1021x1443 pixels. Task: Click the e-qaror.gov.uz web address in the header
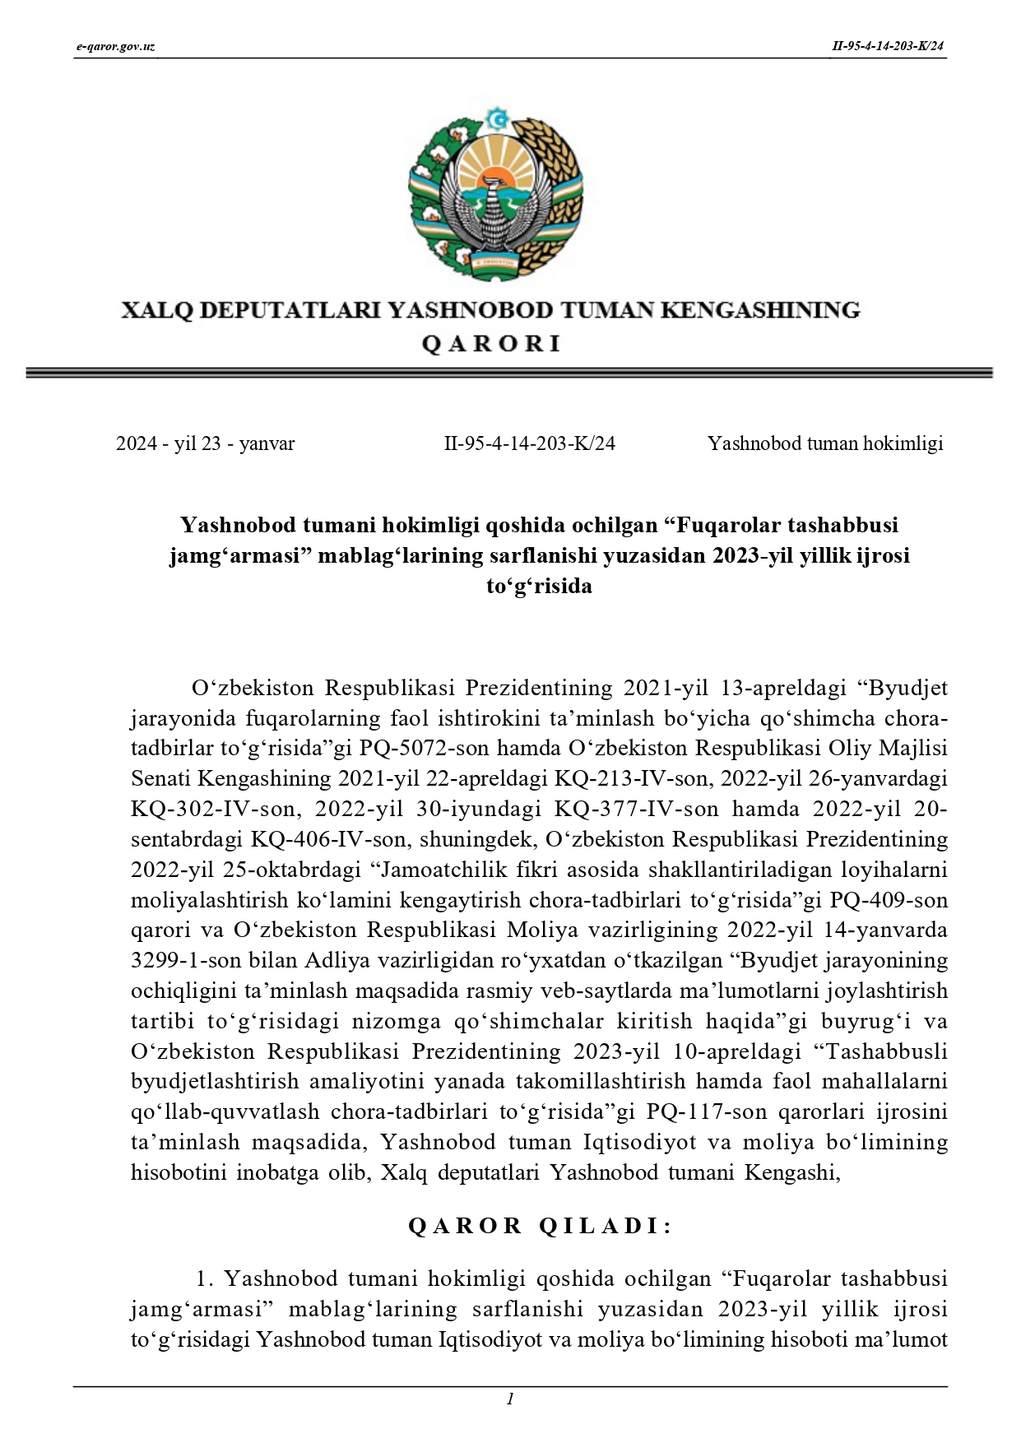[x=115, y=46]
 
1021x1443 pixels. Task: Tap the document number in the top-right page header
[x=888, y=46]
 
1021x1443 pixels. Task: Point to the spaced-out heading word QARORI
[x=490, y=344]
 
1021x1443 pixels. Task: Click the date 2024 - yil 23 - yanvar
[x=205, y=444]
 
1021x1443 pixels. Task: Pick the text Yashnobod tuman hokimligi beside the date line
[x=825, y=444]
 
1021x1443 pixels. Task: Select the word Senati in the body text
[x=160, y=779]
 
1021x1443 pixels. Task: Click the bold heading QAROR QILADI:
[x=541, y=1227]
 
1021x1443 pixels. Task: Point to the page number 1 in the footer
[x=510, y=1399]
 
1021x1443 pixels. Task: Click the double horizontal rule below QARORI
[x=509, y=374]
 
